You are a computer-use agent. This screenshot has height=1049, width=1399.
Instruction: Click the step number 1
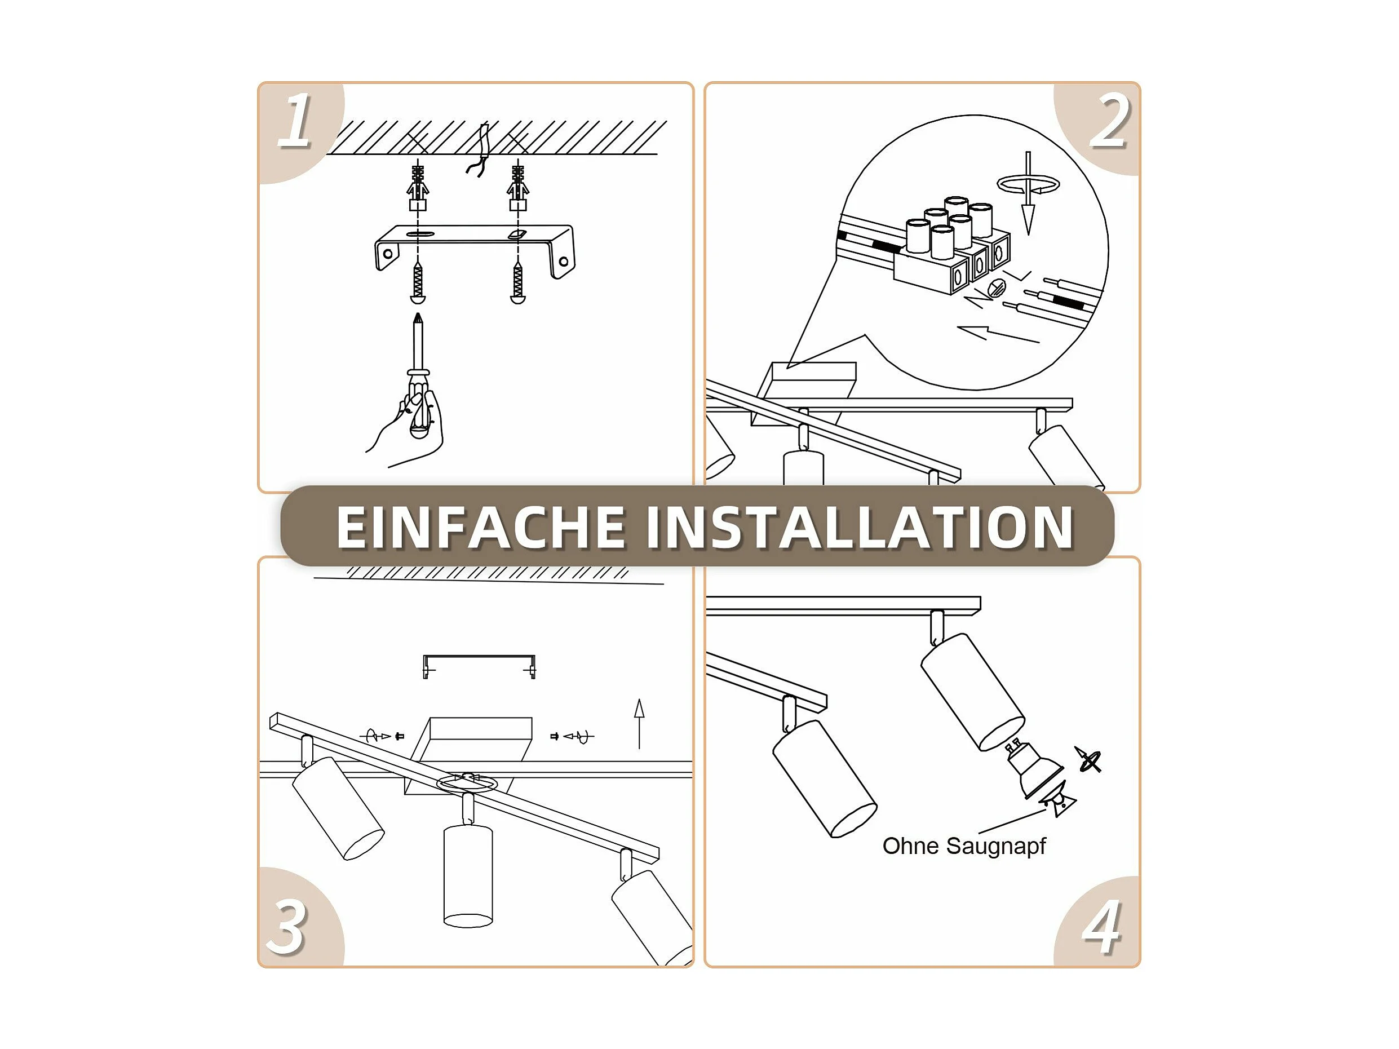pyautogui.click(x=295, y=120)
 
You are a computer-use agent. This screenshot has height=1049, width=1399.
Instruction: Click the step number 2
pyautogui.click(x=1109, y=120)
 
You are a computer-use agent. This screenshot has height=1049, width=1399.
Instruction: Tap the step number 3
pyautogui.click(x=288, y=927)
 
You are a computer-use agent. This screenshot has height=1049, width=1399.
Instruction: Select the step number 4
pyautogui.click(x=1102, y=927)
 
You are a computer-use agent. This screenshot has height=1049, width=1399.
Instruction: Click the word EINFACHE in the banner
pyautogui.click(x=481, y=528)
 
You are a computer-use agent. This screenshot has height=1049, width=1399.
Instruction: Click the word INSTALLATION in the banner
pyautogui.click(x=860, y=528)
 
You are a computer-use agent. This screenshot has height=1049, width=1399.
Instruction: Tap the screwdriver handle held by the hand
pyautogui.click(x=419, y=405)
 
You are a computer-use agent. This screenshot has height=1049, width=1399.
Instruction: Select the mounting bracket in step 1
pyautogui.click(x=475, y=250)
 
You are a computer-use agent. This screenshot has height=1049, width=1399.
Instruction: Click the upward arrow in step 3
pyautogui.click(x=639, y=724)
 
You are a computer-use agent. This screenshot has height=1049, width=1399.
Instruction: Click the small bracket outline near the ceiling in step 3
pyautogui.click(x=479, y=666)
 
